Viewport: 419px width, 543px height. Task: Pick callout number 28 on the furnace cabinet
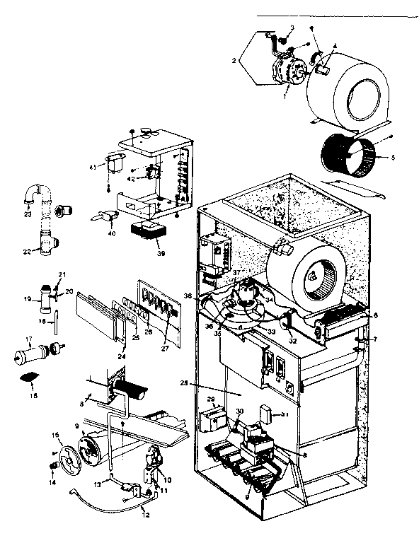click(204, 383)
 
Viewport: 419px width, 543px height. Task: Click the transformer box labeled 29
click(211, 421)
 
